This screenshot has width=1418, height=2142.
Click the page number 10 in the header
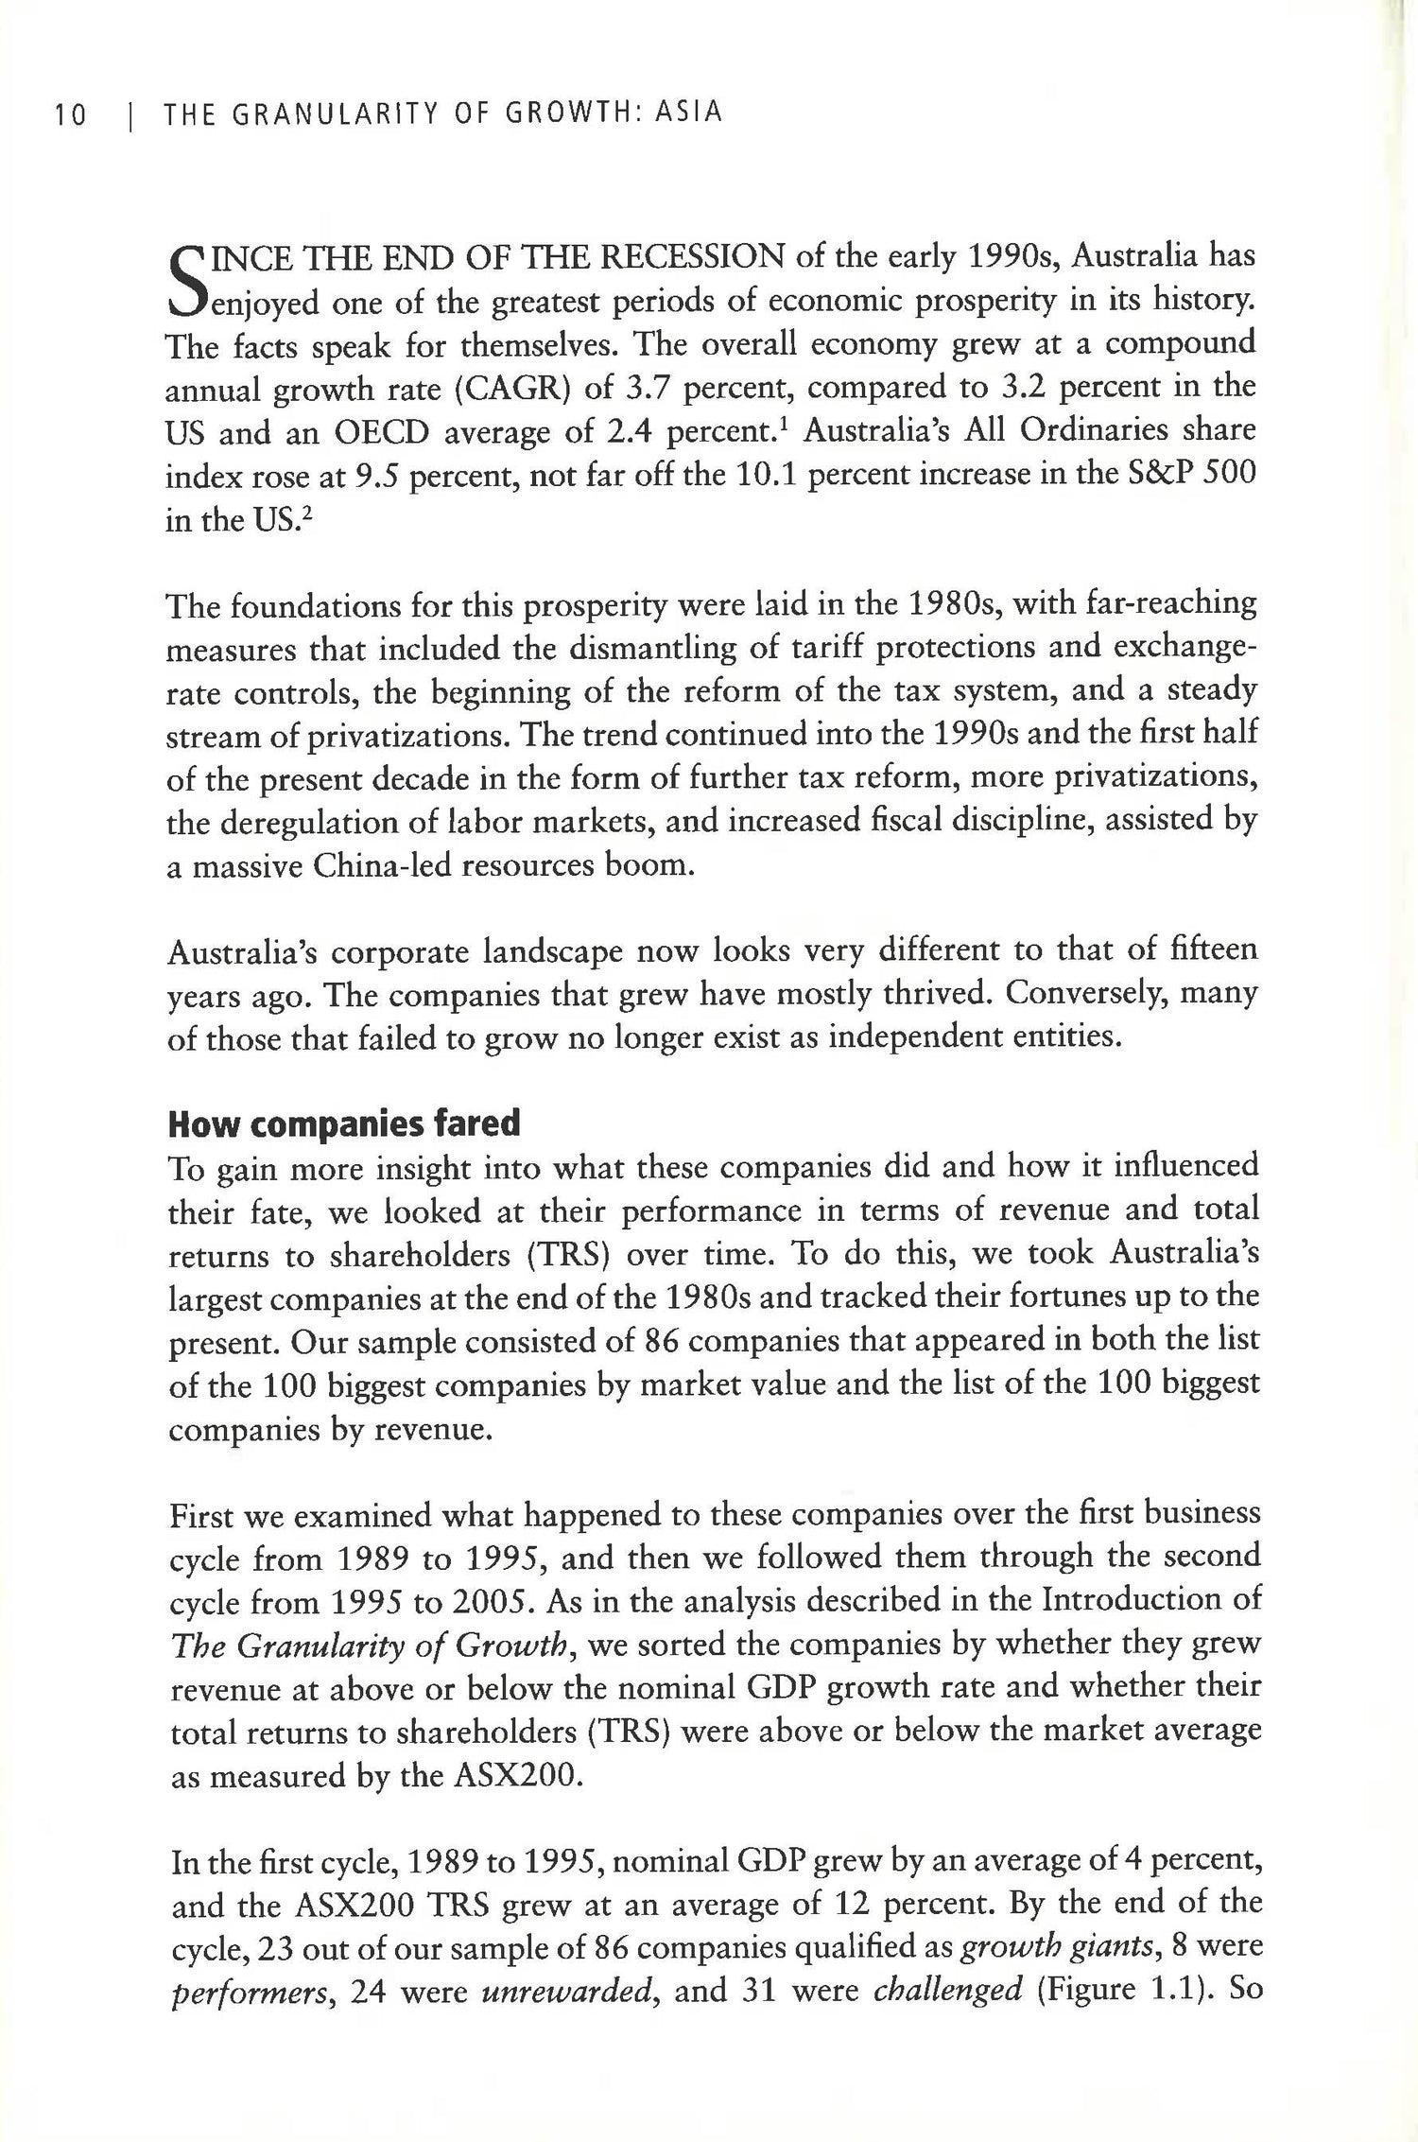pyautogui.click(x=70, y=115)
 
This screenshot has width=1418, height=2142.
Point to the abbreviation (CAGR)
pyautogui.click(x=511, y=388)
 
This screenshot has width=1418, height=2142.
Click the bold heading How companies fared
pyautogui.click(x=344, y=1124)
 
